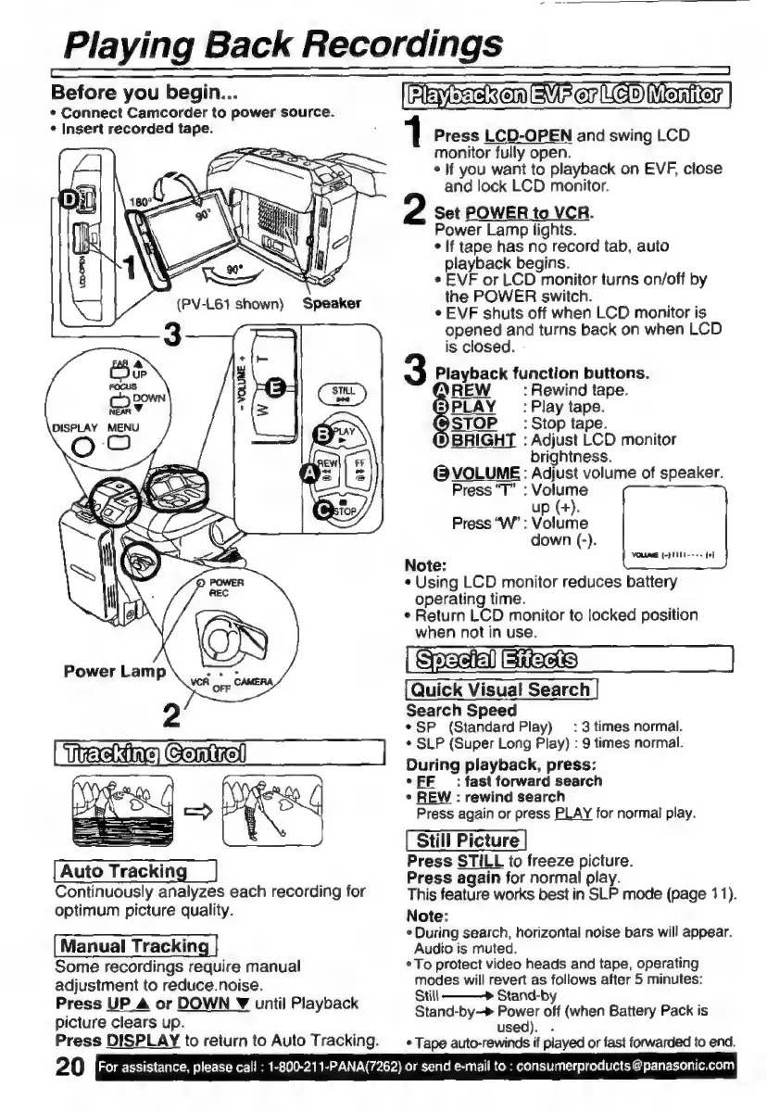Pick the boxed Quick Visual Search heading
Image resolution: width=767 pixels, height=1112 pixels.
pyautogui.click(x=500, y=689)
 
